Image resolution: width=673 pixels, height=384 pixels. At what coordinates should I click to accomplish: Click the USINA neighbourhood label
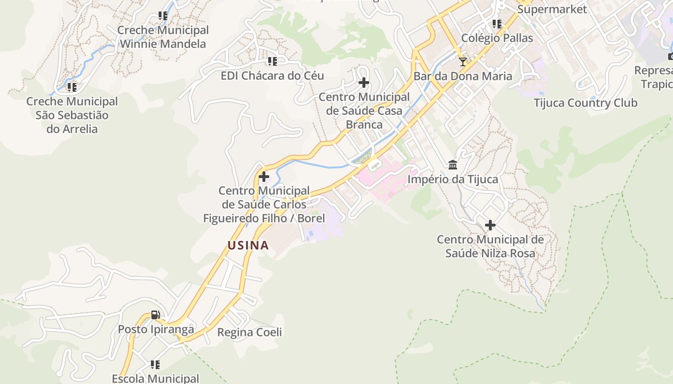(x=248, y=245)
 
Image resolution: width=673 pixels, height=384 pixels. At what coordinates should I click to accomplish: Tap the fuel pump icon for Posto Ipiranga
(x=155, y=315)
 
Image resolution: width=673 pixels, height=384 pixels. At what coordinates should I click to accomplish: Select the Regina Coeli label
(x=249, y=332)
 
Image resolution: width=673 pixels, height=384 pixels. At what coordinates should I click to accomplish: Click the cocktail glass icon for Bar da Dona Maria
(x=462, y=61)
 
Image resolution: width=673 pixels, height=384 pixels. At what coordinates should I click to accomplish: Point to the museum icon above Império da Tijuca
(x=453, y=165)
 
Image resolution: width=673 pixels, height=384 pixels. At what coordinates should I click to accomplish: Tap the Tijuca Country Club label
(x=585, y=103)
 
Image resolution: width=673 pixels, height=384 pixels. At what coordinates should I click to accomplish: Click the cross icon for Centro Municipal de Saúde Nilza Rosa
(x=490, y=225)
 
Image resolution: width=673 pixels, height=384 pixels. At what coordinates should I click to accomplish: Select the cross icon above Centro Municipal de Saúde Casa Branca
(x=364, y=83)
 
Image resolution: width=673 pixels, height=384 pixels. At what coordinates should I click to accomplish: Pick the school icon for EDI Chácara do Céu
(x=273, y=61)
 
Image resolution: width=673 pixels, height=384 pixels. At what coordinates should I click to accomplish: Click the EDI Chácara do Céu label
(x=272, y=75)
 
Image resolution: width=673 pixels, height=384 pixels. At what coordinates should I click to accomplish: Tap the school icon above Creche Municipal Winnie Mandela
(x=163, y=16)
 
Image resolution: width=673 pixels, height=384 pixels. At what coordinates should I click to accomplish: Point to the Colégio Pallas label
(x=497, y=38)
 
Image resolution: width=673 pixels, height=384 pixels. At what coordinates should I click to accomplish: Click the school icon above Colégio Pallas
(x=497, y=24)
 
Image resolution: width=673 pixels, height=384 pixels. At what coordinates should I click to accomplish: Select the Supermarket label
(x=552, y=9)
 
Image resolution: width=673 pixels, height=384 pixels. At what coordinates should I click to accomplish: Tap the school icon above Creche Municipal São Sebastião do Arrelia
(x=72, y=87)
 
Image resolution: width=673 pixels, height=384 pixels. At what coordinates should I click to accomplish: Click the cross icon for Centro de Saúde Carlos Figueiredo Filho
(x=264, y=177)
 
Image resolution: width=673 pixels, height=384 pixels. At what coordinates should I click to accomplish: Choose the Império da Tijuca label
(x=453, y=180)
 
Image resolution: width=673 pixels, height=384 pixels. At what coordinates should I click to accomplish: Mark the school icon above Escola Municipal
(x=155, y=365)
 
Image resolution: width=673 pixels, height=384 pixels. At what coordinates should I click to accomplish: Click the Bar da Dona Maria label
(x=463, y=76)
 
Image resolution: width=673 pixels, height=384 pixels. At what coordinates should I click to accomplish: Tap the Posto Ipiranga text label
(x=156, y=329)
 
